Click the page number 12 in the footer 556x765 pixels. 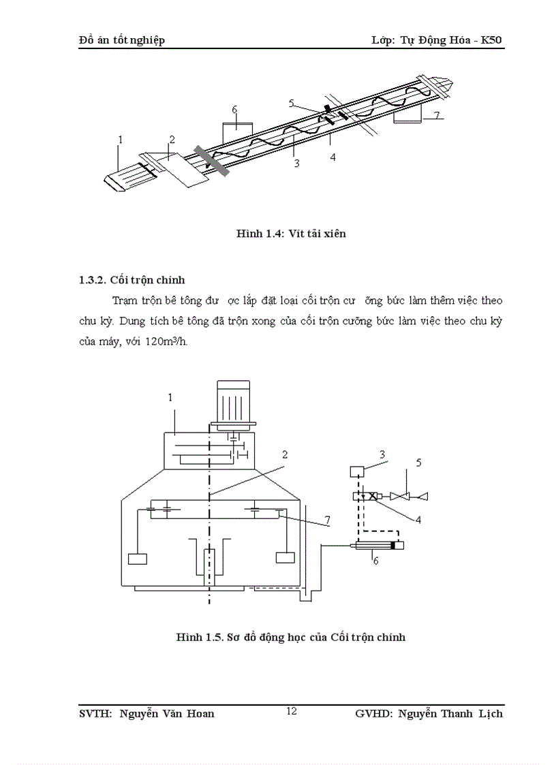(x=291, y=711)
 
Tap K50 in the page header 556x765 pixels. (x=491, y=40)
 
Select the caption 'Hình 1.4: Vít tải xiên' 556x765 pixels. (x=291, y=234)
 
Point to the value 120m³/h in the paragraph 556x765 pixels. (x=164, y=342)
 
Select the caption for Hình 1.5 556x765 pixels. (x=291, y=638)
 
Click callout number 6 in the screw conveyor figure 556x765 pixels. (x=234, y=109)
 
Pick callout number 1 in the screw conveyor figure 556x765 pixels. (x=120, y=140)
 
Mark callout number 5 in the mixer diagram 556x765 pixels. (x=419, y=462)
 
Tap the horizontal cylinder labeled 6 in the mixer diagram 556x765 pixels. (x=377, y=545)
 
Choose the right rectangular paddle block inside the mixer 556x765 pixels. (x=284, y=558)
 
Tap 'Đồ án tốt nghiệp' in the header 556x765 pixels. (x=122, y=40)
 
